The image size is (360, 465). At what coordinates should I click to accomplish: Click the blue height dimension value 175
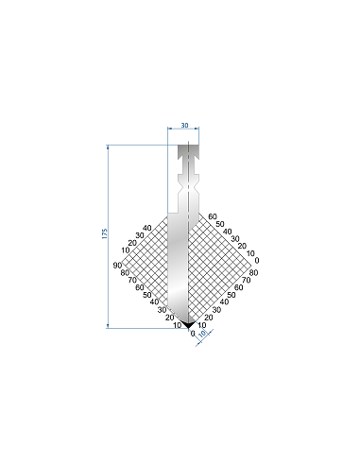coord(105,233)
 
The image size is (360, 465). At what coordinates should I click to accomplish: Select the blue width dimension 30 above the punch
coord(184,126)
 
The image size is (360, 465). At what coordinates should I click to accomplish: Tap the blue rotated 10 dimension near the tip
coord(202,334)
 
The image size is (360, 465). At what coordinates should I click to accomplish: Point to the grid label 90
coord(117,266)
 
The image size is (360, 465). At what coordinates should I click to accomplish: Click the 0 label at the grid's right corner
coord(257,261)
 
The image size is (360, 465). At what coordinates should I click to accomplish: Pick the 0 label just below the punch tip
coord(193,334)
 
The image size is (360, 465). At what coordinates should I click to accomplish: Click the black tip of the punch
coord(188,324)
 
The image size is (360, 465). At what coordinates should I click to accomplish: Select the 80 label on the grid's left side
coord(125,273)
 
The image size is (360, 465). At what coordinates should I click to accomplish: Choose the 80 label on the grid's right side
coord(253,272)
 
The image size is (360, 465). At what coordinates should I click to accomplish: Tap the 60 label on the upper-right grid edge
coord(213,216)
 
